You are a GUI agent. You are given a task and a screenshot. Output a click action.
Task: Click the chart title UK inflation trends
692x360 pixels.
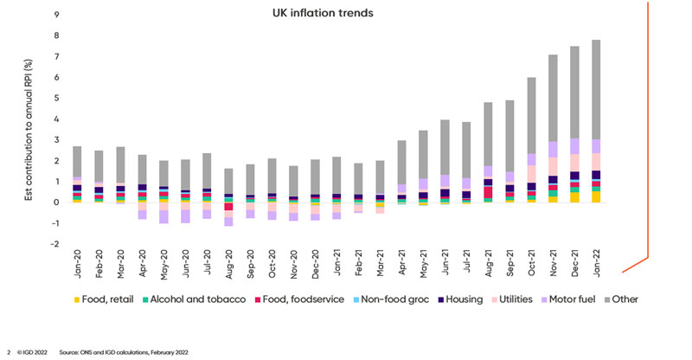(x=346, y=13)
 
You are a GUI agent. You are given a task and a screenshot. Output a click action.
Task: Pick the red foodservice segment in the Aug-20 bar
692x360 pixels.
(x=228, y=207)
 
